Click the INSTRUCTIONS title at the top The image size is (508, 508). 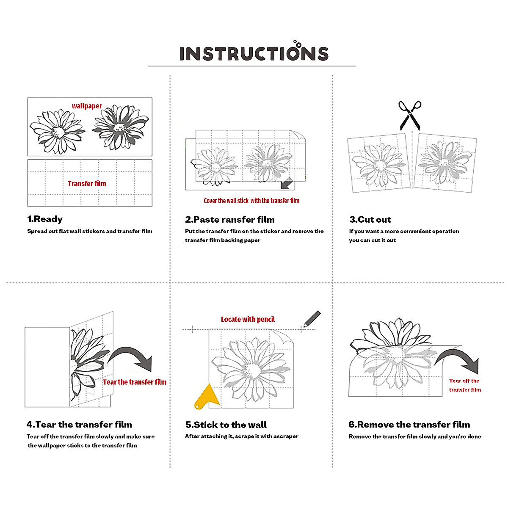click(254, 53)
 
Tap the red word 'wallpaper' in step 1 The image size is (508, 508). click(87, 106)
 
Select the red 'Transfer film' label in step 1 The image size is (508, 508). click(87, 183)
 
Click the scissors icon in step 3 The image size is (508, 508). click(410, 115)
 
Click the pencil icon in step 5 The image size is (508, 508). click(312, 318)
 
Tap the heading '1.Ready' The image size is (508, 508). click(45, 219)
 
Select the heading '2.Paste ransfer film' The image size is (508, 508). click(229, 219)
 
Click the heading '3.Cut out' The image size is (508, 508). click(370, 219)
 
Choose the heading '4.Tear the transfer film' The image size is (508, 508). click(79, 424)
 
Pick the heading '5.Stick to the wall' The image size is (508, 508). click(226, 425)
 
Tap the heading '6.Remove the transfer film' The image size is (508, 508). click(409, 424)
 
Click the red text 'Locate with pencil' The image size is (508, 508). click(248, 319)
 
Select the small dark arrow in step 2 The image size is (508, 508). click(287, 183)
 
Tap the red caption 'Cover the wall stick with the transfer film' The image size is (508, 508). click(251, 201)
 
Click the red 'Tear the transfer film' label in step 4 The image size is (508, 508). click(135, 382)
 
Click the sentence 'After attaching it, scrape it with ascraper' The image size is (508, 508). click(241, 436)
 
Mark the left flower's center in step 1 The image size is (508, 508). click(58, 132)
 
